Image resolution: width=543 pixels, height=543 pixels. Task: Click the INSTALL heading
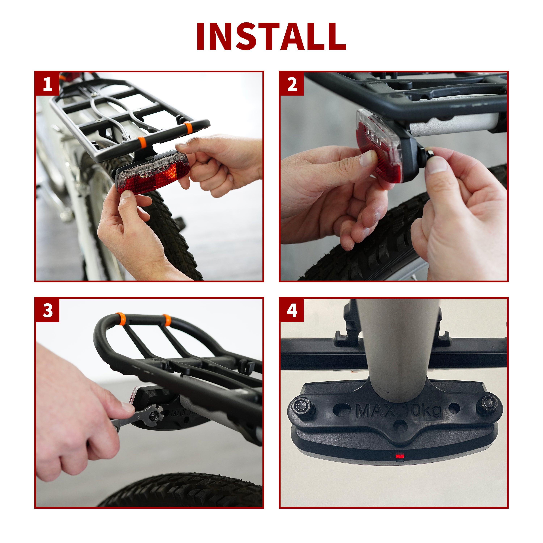click(x=271, y=37)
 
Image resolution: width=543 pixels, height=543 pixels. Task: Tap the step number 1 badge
click(x=47, y=84)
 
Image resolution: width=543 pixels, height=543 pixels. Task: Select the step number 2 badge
click(x=292, y=84)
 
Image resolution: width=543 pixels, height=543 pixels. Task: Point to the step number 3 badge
click(x=47, y=310)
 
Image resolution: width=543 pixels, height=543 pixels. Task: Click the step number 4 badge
click(x=292, y=310)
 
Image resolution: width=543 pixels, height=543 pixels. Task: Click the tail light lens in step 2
click(x=379, y=145)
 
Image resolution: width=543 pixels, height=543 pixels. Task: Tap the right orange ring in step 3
click(x=167, y=320)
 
